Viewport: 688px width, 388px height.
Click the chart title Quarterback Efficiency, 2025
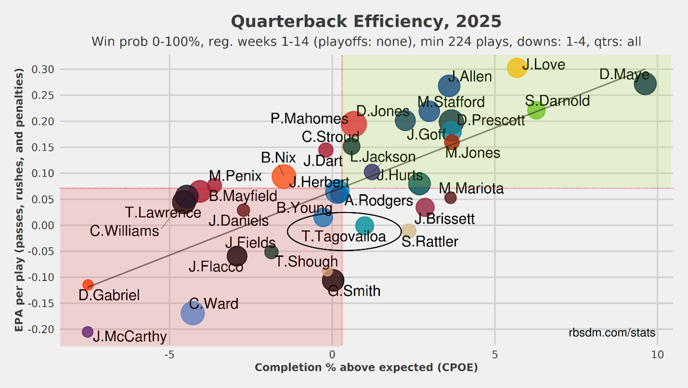tap(366, 22)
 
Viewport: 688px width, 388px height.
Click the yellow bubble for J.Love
tap(517, 67)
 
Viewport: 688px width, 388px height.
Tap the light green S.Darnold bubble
tap(536, 110)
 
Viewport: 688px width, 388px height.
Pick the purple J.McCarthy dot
tap(88, 332)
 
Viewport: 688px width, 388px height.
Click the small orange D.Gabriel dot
tap(88, 285)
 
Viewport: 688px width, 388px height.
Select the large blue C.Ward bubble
tap(192, 313)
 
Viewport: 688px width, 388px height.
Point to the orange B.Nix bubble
tap(284, 177)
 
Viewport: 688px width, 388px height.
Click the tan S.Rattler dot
tap(409, 231)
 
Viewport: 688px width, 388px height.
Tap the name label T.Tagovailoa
tap(344, 236)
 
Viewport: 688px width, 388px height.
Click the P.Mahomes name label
tap(309, 119)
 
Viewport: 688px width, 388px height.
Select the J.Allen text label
tap(470, 76)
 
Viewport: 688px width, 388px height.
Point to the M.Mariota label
tap(471, 189)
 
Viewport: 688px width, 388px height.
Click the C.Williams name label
tap(124, 231)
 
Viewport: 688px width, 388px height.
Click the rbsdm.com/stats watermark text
tap(612, 333)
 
